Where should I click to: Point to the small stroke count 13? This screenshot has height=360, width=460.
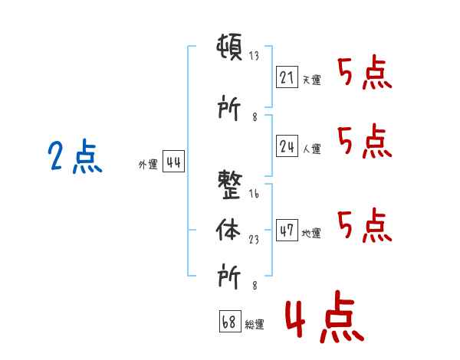pos(254,55)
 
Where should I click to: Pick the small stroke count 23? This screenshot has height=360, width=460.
pos(254,239)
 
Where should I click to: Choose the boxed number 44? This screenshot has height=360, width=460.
pos(173,162)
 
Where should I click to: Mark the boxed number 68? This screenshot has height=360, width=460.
pos(229,322)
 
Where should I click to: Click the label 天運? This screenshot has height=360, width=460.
pos(311,80)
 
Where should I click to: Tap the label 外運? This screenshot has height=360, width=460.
pos(148,165)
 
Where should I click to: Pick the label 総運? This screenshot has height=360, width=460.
pos(254,325)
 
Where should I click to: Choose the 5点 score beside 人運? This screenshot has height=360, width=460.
pos(365,142)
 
